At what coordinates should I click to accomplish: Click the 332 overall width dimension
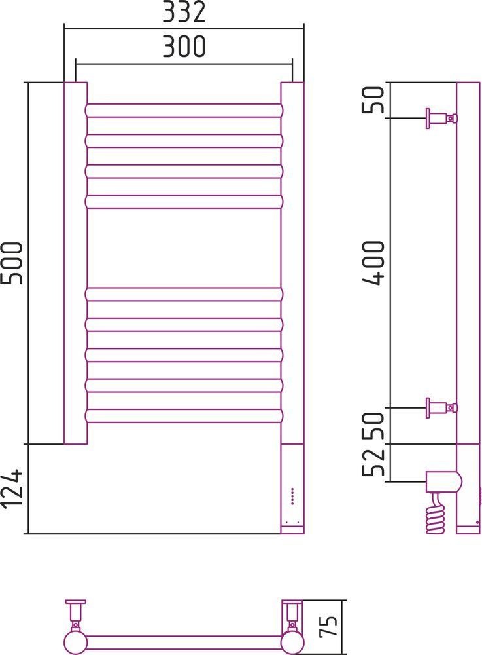point(184,12)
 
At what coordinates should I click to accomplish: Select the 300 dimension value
point(184,46)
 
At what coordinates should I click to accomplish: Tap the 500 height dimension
point(14,263)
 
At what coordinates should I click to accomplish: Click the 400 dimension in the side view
point(375,263)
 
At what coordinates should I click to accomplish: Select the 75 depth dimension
point(332,625)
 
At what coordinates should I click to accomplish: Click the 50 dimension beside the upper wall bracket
point(375,100)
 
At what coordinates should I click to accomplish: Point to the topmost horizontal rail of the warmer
point(184,110)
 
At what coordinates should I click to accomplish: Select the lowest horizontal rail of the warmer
point(184,415)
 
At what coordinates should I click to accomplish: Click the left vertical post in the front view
point(75,263)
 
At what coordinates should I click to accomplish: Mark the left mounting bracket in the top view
point(76,614)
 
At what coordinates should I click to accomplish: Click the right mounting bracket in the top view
point(292,614)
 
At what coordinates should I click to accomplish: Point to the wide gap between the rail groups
point(184,248)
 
